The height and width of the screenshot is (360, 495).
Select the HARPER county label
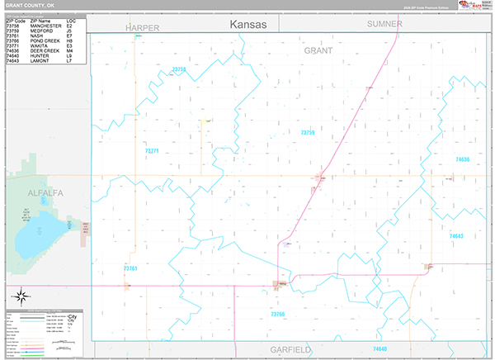pyautogui.click(x=142, y=27)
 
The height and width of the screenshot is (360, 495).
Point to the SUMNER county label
pyautogui.click(x=384, y=24)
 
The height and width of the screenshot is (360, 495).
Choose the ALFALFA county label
pyautogui.click(x=45, y=192)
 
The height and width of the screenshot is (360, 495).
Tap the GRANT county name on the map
pyautogui.click(x=318, y=50)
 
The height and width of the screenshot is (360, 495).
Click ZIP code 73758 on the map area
pyautogui.click(x=179, y=70)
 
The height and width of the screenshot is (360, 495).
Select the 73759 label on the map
pyautogui.click(x=308, y=132)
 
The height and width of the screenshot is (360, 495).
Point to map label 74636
pyautogui.click(x=462, y=159)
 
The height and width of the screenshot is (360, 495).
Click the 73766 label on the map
pyautogui.click(x=277, y=315)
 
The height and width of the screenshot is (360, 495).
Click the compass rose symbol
pyautogui.click(x=21, y=296)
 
